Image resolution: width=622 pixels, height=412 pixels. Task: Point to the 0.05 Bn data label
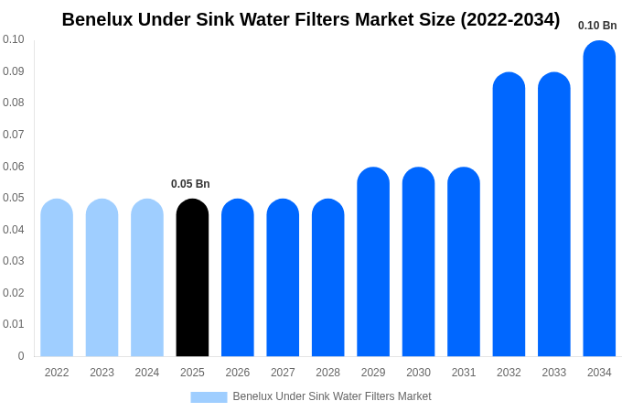[190, 184]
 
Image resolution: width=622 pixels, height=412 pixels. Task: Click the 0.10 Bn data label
[597, 26]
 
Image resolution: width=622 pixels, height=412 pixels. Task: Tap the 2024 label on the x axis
[147, 373]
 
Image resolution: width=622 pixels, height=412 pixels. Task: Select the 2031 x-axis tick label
[464, 373]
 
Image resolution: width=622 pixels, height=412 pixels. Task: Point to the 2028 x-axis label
[327, 373]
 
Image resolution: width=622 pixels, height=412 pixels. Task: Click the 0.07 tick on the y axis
[14, 135]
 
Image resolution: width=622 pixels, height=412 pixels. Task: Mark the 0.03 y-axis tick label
[14, 261]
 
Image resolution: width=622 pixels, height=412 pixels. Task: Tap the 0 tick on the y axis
[21, 356]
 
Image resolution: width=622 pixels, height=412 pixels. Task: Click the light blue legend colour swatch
[209, 397]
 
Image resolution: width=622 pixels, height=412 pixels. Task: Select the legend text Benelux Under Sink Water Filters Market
[332, 396]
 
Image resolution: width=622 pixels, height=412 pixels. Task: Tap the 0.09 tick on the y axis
[14, 71]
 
